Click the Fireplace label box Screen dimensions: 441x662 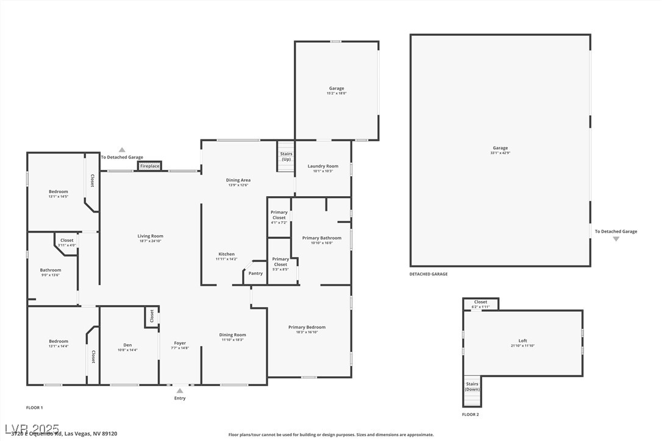coord(150,166)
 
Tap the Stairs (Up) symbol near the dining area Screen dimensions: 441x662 coord(286,157)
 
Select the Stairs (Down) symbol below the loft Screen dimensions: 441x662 coord(472,390)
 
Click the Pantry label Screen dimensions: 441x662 coord(256,273)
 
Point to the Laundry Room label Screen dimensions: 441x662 coord(323,166)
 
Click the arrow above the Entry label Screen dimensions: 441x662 coord(180,391)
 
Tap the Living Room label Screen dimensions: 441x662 coord(150,236)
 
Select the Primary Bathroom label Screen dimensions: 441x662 coord(322,238)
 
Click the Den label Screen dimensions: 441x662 coord(127,345)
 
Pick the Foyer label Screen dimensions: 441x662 coord(180,344)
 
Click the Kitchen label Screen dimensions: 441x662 coord(226,255)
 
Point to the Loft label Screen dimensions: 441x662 coord(522,341)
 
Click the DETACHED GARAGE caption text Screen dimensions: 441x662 coord(429,274)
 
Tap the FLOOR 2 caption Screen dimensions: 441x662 coord(471,415)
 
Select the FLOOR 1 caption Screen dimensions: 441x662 coord(35,407)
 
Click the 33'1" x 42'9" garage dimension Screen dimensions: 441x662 coord(500,153)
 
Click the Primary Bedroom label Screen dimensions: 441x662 coord(307,328)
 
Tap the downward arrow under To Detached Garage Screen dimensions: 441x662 coord(616,239)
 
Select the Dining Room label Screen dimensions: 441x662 coord(232,335)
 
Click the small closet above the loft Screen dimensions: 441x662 coord(481,304)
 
